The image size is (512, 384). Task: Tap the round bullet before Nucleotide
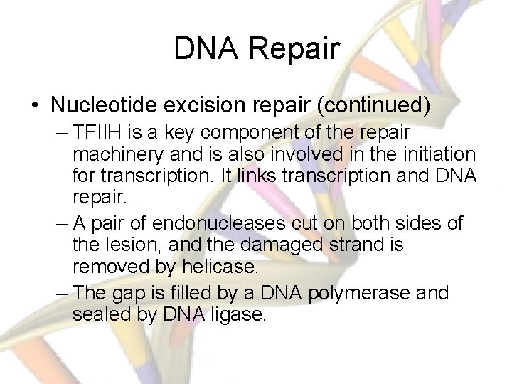click(35, 106)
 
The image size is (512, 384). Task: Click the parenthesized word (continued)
click(373, 105)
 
